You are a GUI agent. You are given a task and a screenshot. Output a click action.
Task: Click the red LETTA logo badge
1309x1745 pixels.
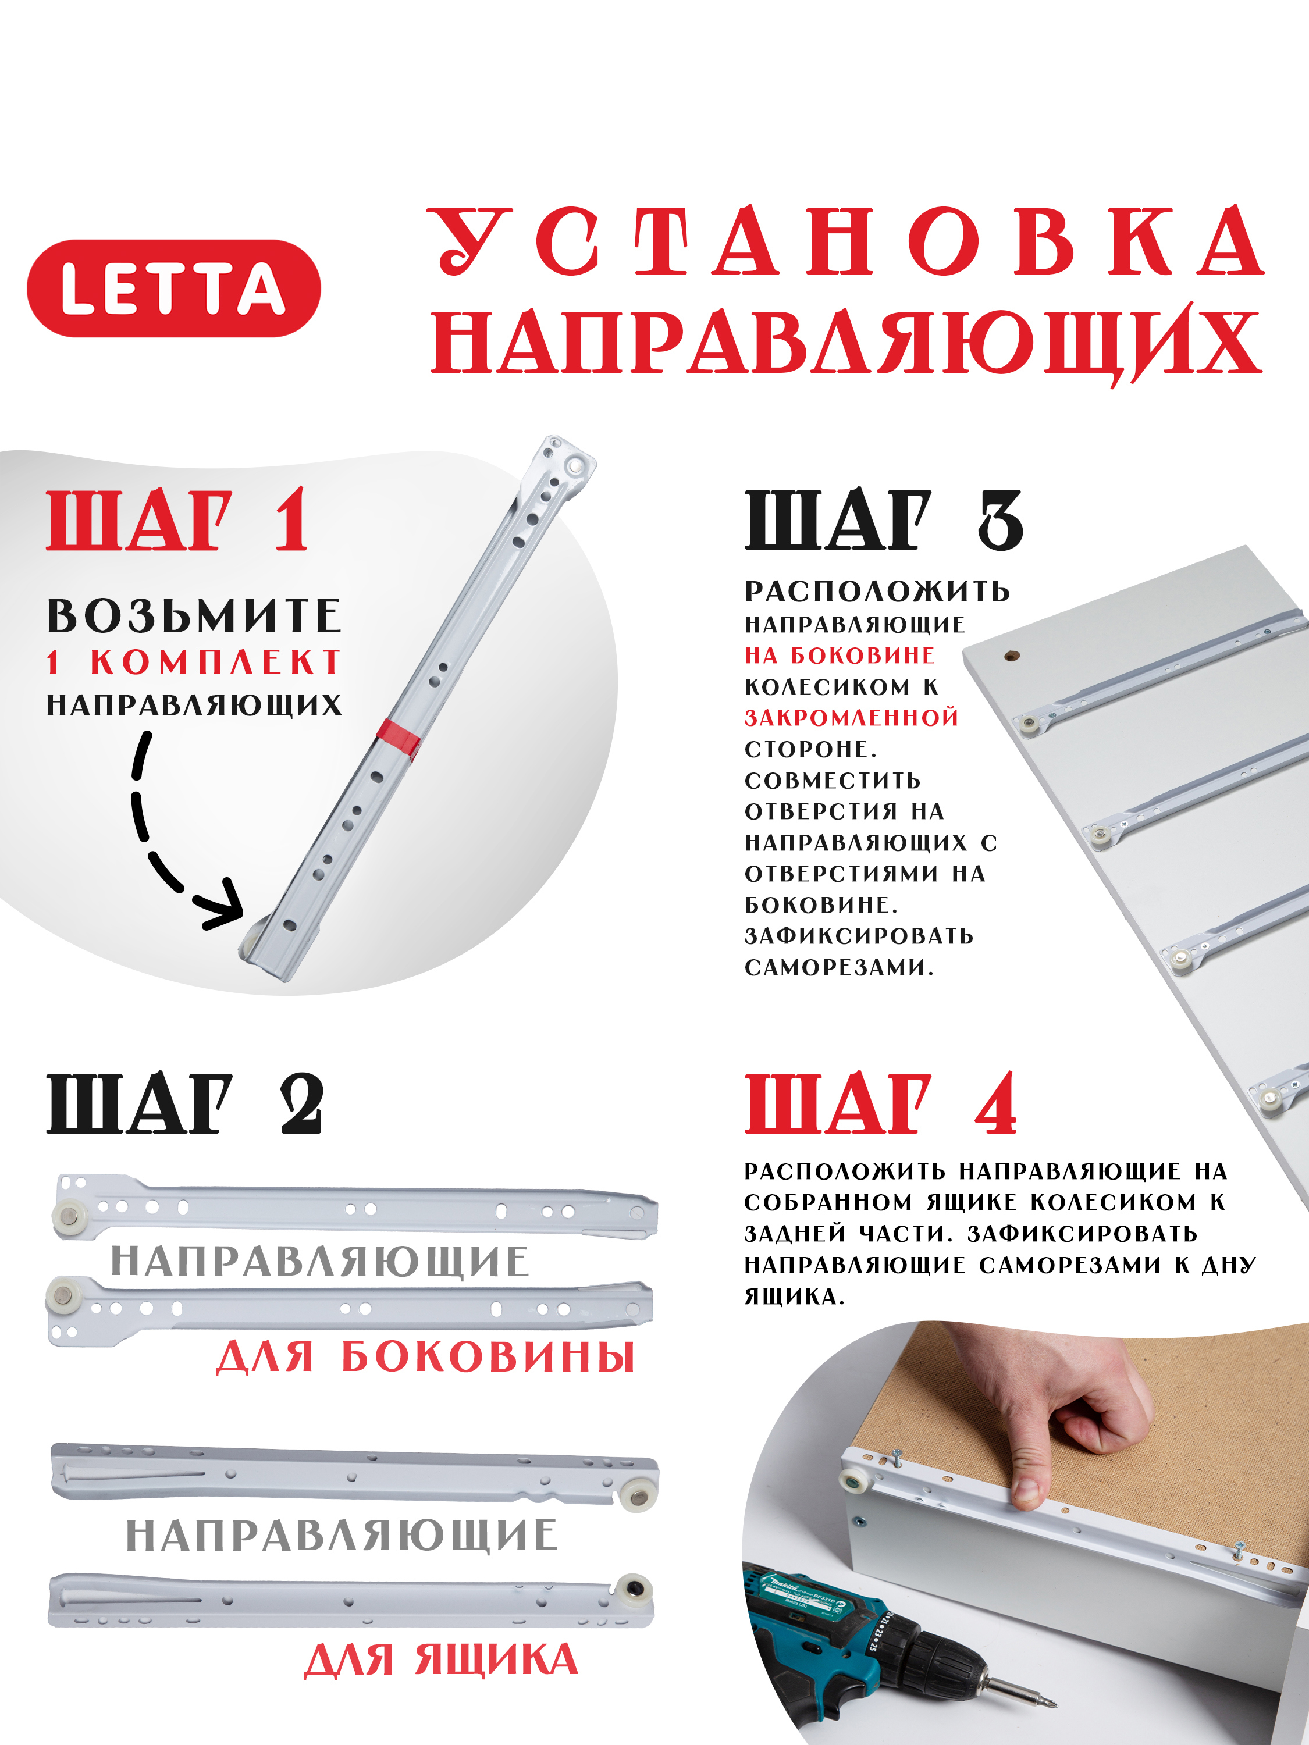[173, 288]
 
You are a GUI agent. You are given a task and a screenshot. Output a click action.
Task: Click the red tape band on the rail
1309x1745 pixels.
[399, 738]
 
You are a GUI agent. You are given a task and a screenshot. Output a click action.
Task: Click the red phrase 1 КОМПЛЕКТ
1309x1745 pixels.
[193, 663]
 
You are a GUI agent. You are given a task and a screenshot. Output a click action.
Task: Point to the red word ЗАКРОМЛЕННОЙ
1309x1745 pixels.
[851, 717]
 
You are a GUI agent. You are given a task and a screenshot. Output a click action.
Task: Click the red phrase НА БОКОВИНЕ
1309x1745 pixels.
[840, 655]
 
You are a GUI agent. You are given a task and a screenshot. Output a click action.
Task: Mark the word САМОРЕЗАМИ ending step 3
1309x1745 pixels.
[838, 967]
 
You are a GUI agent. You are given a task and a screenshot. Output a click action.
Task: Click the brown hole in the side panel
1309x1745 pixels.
[1012, 655]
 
